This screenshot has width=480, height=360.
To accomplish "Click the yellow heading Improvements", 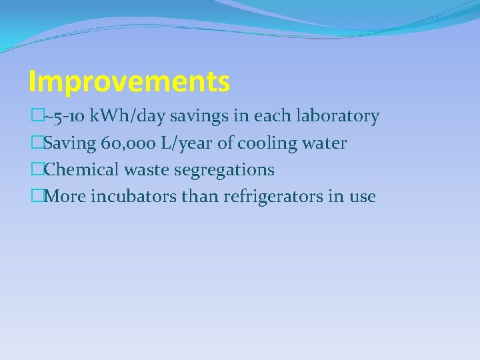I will click(129, 82).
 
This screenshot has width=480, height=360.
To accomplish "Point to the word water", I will click(323, 143).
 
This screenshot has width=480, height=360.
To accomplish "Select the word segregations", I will click(224, 170).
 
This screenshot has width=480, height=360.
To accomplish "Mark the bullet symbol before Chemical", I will click(35, 170).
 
